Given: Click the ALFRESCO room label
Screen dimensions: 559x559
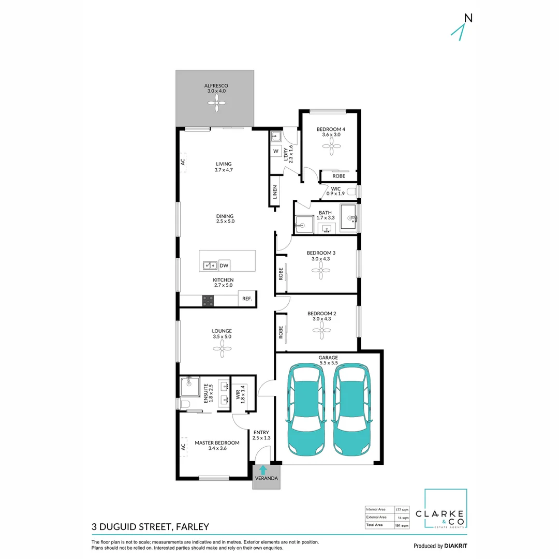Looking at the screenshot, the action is coord(216,86).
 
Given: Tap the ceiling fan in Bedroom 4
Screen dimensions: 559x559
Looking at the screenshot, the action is coord(332,146).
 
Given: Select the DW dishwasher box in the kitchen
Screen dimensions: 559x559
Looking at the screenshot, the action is coord(224,265).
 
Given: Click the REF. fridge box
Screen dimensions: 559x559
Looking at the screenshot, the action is coord(247,299).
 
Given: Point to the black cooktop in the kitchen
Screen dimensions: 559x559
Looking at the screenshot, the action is coord(208,301).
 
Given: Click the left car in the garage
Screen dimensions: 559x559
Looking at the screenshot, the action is coord(306,409).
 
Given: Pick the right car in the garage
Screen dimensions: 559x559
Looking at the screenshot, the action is coord(351,409).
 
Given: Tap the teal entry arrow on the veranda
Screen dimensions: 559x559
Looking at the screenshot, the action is coord(263,470).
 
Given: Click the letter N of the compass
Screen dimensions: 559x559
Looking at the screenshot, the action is coord(468,18).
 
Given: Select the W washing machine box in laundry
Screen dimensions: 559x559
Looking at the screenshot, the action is coord(276,151).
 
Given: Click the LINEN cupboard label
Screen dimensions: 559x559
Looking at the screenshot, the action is coord(275,192).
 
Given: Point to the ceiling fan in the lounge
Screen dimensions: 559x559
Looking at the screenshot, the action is coord(222,348).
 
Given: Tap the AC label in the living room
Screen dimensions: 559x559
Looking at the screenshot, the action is coord(183,162).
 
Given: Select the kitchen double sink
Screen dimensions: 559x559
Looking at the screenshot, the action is coord(210,266).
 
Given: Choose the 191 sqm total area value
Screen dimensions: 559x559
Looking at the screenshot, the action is coord(402,526).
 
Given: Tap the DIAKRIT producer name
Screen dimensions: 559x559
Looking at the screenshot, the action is coord(455,546).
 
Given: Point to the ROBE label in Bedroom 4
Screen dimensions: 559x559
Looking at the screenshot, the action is coord(339,176).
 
